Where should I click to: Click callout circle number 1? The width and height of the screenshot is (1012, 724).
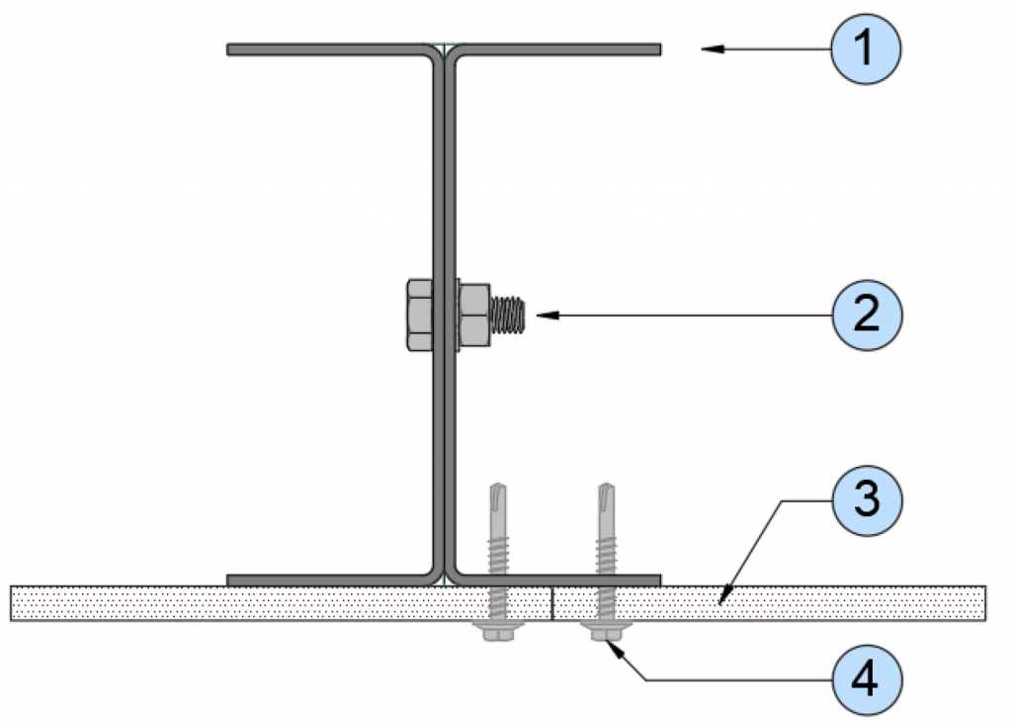pyautogui.click(x=865, y=49)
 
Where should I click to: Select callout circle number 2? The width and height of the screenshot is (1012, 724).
pyautogui.click(x=866, y=316)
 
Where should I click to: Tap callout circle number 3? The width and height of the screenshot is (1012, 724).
pyautogui.click(x=866, y=499)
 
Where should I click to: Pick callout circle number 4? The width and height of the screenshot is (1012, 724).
pyautogui.click(x=866, y=680)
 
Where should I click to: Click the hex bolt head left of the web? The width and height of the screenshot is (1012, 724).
pyautogui.click(x=419, y=316)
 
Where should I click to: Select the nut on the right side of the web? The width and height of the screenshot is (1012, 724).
pyautogui.click(x=474, y=316)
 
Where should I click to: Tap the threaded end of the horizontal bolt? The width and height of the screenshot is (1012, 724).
pyautogui.click(x=507, y=316)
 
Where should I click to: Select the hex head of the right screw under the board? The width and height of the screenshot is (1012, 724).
pyautogui.click(x=606, y=631)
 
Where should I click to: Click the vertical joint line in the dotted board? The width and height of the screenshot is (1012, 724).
pyautogui.click(x=552, y=603)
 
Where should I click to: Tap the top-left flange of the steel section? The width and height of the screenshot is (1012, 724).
pyautogui.click(x=329, y=49)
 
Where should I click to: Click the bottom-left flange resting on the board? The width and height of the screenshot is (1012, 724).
pyautogui.click(x=329, y=580)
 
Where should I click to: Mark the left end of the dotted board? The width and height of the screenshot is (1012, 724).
pyautogui.click(x=11, y=603)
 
